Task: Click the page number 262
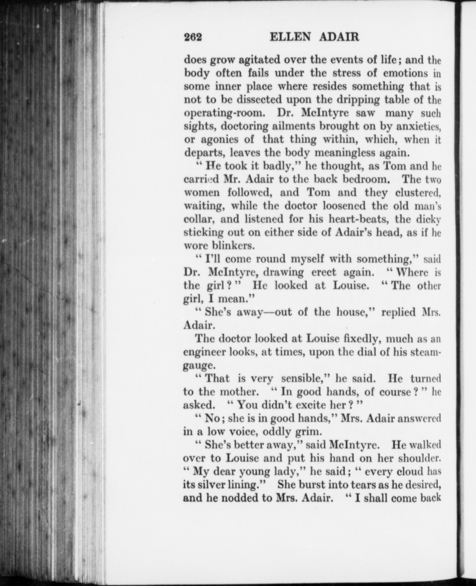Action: pyautogui.click(x=193, y=38)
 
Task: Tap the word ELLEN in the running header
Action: pyautogui.click(x=291, y=38)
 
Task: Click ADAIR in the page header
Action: pyautogui.click(x=339, y=38)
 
